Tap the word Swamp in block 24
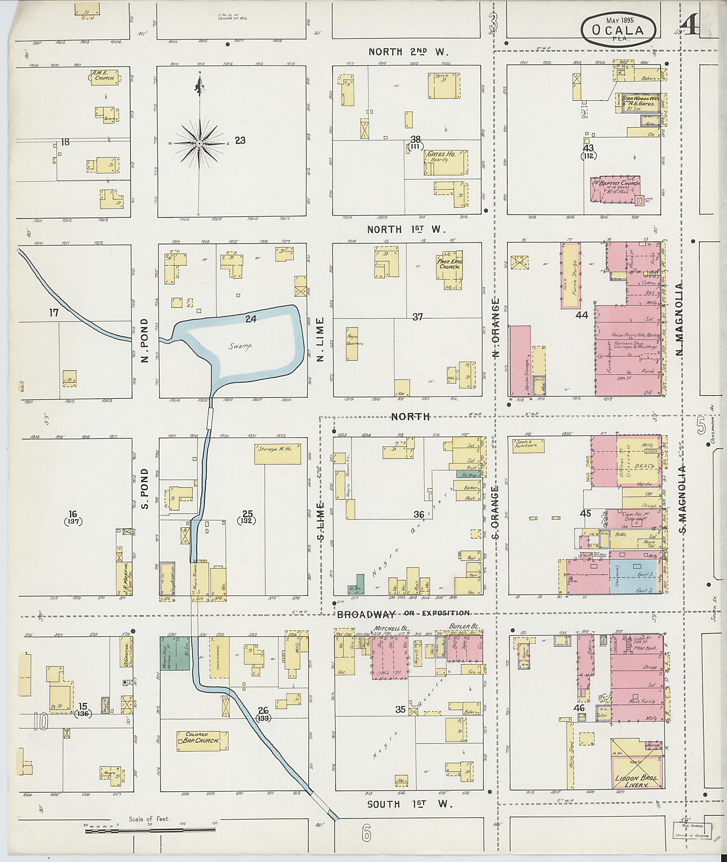click(241, 346)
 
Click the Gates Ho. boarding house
click(446, 162)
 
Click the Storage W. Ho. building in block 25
click(277, 454)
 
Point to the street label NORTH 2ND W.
click(408, 52)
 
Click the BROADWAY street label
click(365, 614)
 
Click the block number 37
click(417, 317)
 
